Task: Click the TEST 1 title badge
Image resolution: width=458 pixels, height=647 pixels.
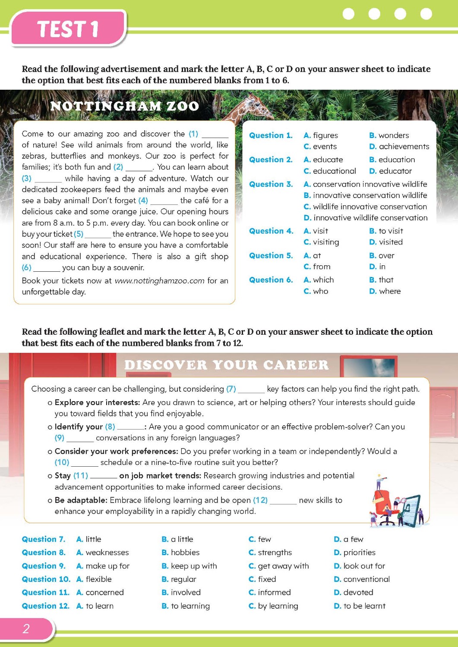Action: coord(68,28)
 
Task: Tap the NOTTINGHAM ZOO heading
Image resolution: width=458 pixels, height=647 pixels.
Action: coord(124,106)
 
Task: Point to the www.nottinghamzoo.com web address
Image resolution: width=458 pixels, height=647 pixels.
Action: coord(160,281)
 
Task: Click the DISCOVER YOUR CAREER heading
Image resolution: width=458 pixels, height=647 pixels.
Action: coord(226,365)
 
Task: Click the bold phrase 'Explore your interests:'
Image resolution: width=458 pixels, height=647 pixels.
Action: coord(97,402)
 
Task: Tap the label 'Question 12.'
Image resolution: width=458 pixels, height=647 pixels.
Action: coord(45,606)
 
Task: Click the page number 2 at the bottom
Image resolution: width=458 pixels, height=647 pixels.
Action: coord(26,629)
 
